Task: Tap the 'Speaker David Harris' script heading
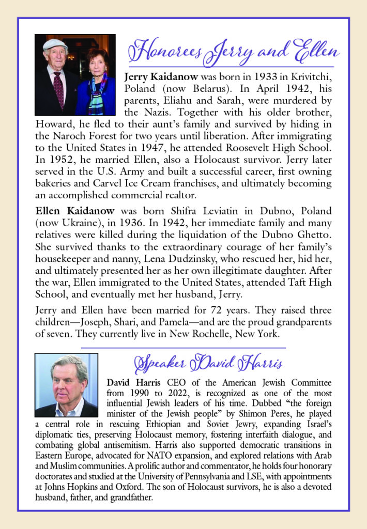(208, 363)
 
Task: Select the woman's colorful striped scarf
(97, 94)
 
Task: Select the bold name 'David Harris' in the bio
(134, 383)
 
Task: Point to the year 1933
(250, 77)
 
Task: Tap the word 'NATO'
(192, 456)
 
